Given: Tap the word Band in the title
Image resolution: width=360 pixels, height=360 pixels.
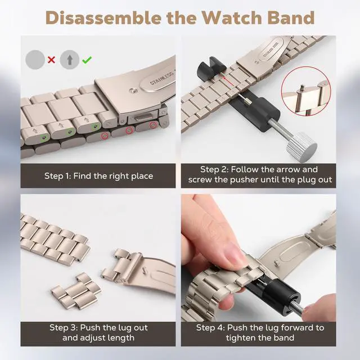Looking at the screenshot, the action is pyautogui.click(x=291, y=17).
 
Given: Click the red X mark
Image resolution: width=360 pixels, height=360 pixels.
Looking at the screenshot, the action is pyautogui.click(x=51, y=60).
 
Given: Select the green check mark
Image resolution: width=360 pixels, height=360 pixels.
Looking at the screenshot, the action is pyautogui.click(x=87, y=60).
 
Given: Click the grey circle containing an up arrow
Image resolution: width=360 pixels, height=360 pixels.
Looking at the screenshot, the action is pyautogui.click(x=70, y=60).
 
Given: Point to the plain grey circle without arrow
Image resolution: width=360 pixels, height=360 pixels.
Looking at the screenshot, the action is pyautogui.click(x=35, y=60).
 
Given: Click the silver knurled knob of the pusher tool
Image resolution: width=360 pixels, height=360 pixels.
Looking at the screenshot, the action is pyautogui.click(x=301, y=147).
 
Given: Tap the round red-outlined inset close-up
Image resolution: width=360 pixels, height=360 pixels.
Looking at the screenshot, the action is pyautogui.click(x=306, y=91).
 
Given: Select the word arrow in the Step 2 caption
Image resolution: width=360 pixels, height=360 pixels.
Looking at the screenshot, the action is pyautogui.click(x=288, y=169).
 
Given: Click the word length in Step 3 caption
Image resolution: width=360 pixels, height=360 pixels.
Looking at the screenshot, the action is pyautogui.click(x=121, y=337).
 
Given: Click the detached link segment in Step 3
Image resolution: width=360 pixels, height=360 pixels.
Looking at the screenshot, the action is pyautogui.click(x=76, y=291).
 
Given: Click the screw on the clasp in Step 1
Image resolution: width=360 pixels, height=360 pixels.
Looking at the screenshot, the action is pyautogui.click(x=133, y=91).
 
